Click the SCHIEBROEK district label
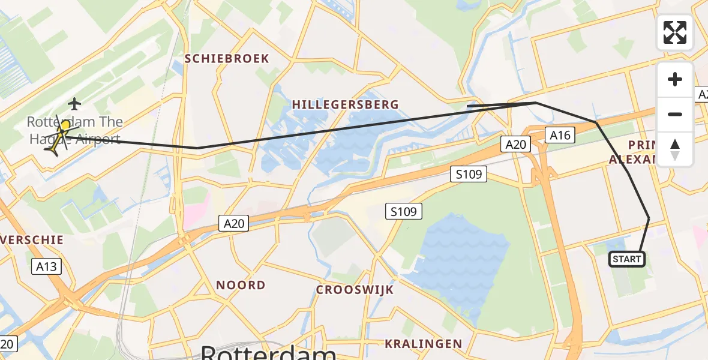pos(227,59)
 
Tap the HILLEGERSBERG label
pos(345,104)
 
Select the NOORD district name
pos(241,285)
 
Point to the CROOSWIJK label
pos(355,290)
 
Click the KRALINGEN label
pos(424,344)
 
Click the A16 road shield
pos(560,135)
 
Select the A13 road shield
pos(46,266)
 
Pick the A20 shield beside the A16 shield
pos(516,144)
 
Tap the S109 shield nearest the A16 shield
pos(469,175)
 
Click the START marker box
pos(627,259)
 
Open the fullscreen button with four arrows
pos(675,32)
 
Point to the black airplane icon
pos(74,104)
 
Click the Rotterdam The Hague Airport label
pos(75,131)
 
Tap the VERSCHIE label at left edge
pos(33,239)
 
